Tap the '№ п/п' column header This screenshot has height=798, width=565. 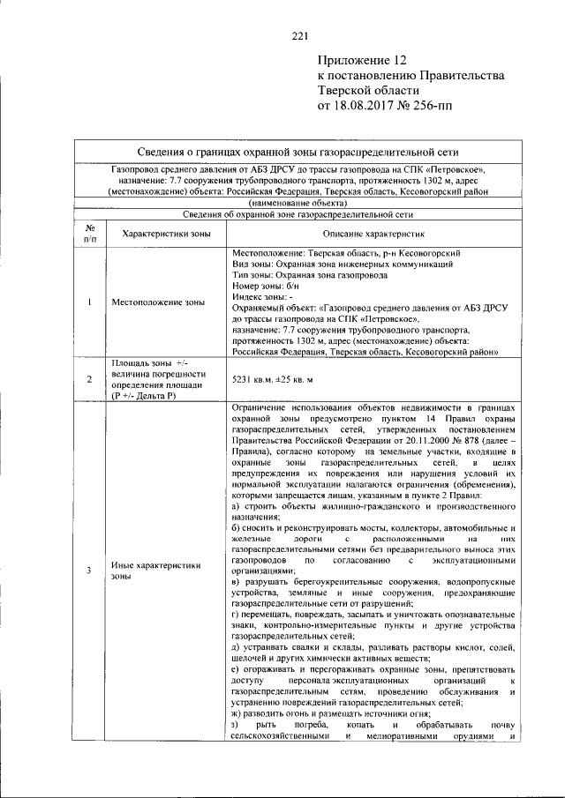point(90,235)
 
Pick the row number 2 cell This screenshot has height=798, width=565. point(90,380)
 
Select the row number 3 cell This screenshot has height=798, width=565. point(90,571)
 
